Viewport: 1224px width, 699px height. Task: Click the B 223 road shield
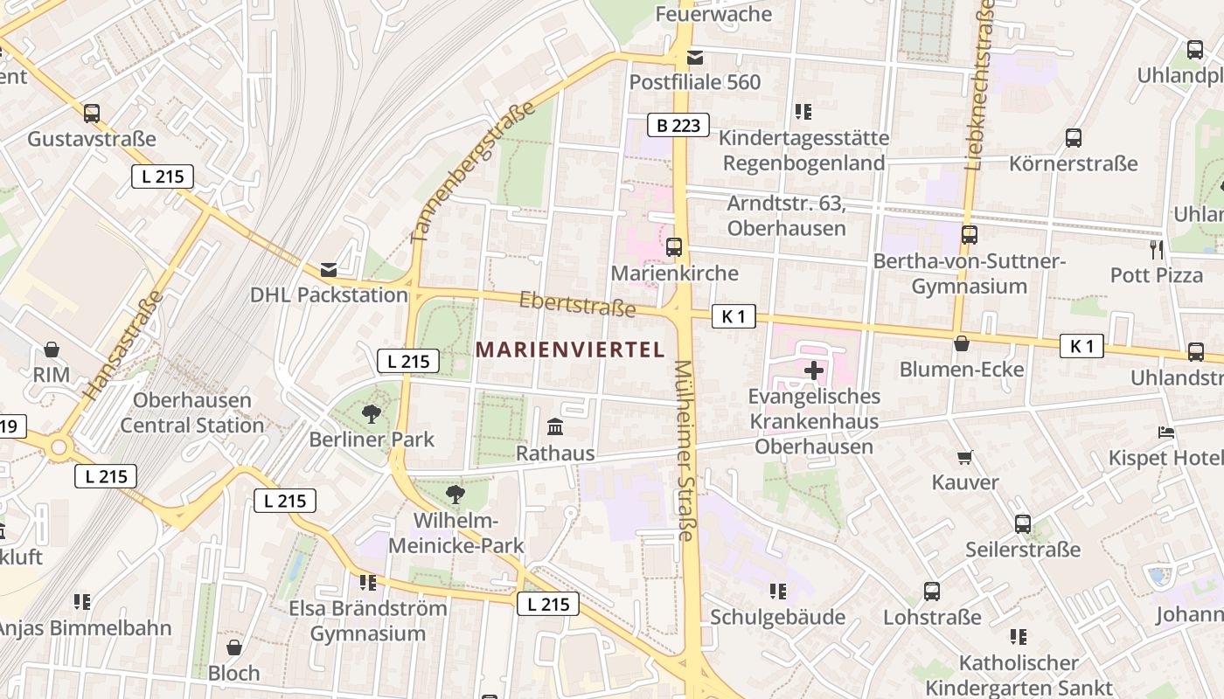pyautogui.click(x=678, y=125)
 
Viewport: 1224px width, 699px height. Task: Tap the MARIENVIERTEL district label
pyautogui.click(x=570, y=349)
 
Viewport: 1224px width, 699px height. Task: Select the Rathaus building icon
pyautogui.click(x=555, y=427)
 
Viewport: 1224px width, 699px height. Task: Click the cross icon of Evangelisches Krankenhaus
pyautogui.click(x=814, y=370)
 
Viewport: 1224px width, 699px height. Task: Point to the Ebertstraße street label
pyautogui.click(x=577, y=304)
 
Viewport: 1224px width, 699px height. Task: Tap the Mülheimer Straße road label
pyautogui.click(x=685, y=450)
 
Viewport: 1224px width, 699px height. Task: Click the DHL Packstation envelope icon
pyautogui.click(x=329, y=270)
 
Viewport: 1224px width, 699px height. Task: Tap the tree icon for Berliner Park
pyautogui.click(x=372, y=413)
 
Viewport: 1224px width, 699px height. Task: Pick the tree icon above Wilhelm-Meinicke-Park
pyautogui.click(x=455, y=495)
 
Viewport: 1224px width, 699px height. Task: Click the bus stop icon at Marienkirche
pyautogui.click(x=673, y=247)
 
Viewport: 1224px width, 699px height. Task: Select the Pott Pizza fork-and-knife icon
pyautogui.click(x=1157, y=250)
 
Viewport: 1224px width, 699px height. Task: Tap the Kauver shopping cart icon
pyautogui.click(x=965, y=457)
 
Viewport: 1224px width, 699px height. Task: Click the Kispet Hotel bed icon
pyautogui.click(x=1166, y=432)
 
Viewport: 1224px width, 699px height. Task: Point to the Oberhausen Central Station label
pyautogui.click(x=191, y=413)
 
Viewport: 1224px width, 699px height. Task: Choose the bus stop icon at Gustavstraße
pyautogui.click(x=92, y=113)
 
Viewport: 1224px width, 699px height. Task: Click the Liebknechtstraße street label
pyautogui.click(x=980, y=83)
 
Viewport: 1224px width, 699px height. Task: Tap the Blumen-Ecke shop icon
pyautogui.click(x=962, y=343)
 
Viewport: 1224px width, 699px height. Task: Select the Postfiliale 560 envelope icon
pyautogui.click(x=695, y=58)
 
